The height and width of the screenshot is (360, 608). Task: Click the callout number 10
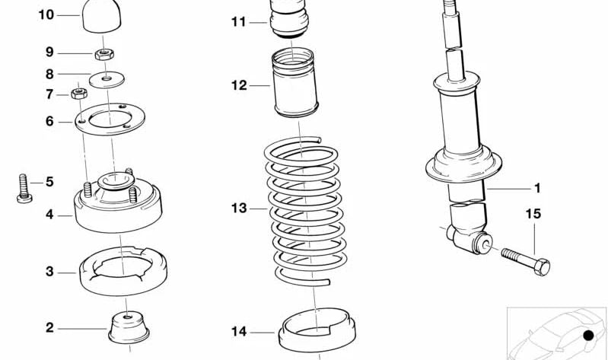[x=46, y=14]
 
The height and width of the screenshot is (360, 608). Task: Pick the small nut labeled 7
[x=77, y=94]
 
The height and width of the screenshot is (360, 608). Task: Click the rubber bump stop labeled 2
[x=127, y=327]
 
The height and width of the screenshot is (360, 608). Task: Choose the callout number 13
[x=239, y=208]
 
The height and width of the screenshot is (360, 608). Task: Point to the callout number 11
[x=239, y=22]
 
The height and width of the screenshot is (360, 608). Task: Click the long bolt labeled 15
[x=525, y=260]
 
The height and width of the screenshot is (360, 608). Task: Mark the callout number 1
[x=536, y=187]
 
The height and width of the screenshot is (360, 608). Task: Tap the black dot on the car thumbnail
[x=588, y=336]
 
